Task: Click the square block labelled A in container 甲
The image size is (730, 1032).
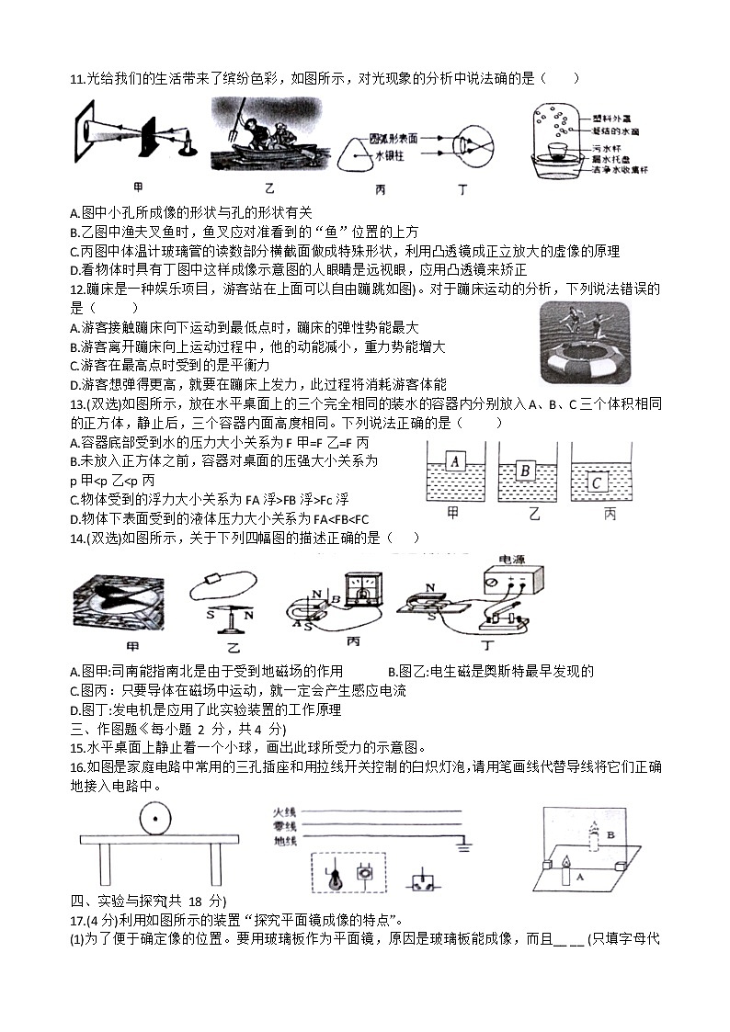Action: (x=454, y=461)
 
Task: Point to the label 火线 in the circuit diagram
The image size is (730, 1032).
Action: (x=285, y=812)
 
